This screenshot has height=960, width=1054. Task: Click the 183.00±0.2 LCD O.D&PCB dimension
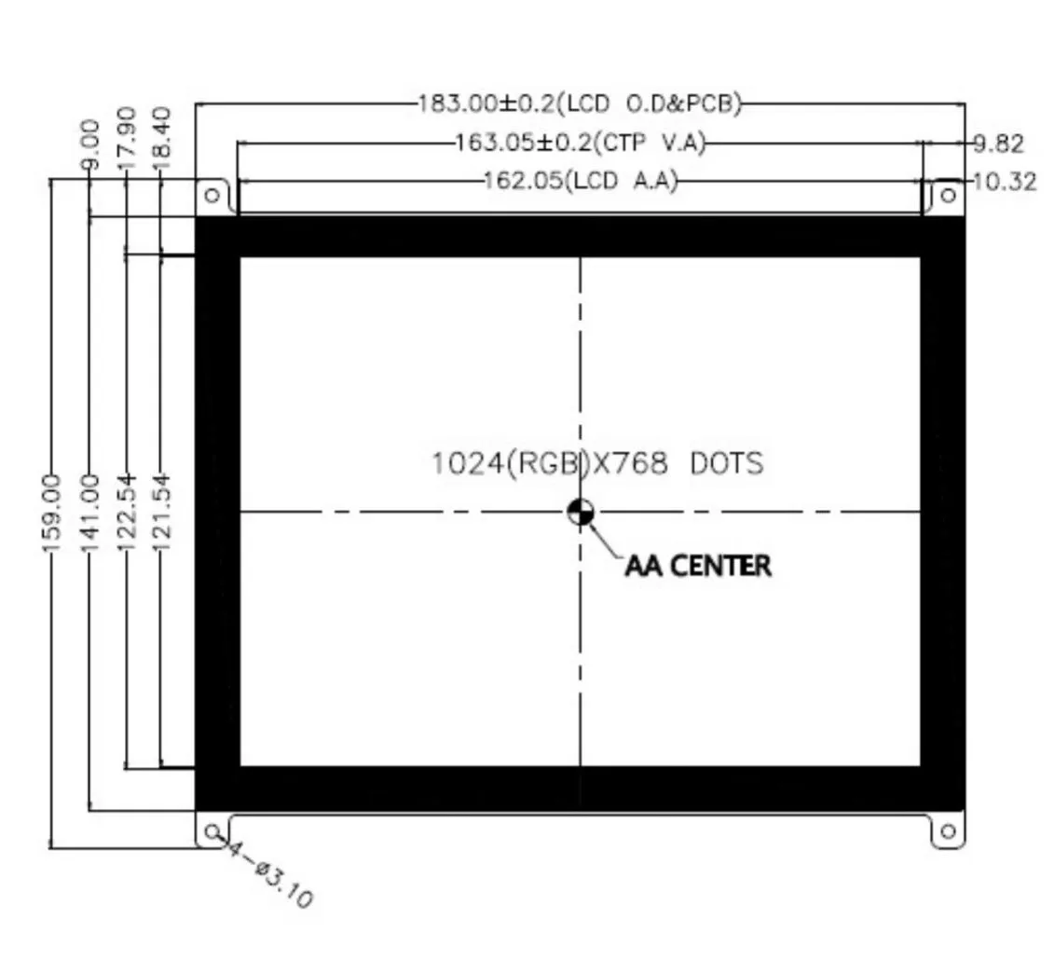point(579,103)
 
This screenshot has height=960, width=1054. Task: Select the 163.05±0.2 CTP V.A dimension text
point(580,143)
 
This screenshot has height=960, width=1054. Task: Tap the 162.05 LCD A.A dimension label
point(580,180)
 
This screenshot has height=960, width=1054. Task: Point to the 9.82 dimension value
point(999,144)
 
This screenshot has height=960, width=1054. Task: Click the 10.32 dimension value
point(1004,181)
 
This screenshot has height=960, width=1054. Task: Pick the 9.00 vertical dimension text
point(89,144)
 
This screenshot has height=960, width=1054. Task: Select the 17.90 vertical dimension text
point(127,138)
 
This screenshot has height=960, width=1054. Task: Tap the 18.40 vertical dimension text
point(161,138)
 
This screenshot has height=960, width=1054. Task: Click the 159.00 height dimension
point(51,512)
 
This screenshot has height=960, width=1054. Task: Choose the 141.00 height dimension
point(89,512)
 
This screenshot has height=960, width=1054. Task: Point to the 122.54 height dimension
point(127,512)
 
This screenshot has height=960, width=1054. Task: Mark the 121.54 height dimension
point(162,512)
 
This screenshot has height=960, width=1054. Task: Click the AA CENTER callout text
point(698,566)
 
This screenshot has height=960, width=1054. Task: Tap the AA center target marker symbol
point(581,511)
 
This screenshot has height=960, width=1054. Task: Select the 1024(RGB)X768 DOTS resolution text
point(596,463)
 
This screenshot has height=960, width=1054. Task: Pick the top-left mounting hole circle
point(212,195)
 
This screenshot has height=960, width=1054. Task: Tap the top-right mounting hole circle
point(949,195)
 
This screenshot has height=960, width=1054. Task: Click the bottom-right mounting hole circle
point(949,830)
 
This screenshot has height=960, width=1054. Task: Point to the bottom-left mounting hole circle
point(212,830)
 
